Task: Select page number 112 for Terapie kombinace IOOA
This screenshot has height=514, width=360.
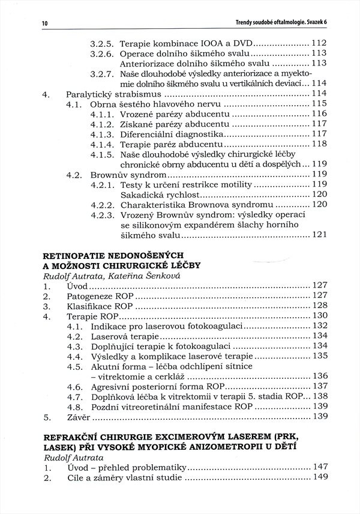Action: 319,43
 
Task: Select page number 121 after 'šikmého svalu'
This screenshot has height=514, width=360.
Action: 319,234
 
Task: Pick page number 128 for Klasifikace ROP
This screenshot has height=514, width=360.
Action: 319,305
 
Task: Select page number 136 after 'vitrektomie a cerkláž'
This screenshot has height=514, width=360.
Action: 319,375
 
